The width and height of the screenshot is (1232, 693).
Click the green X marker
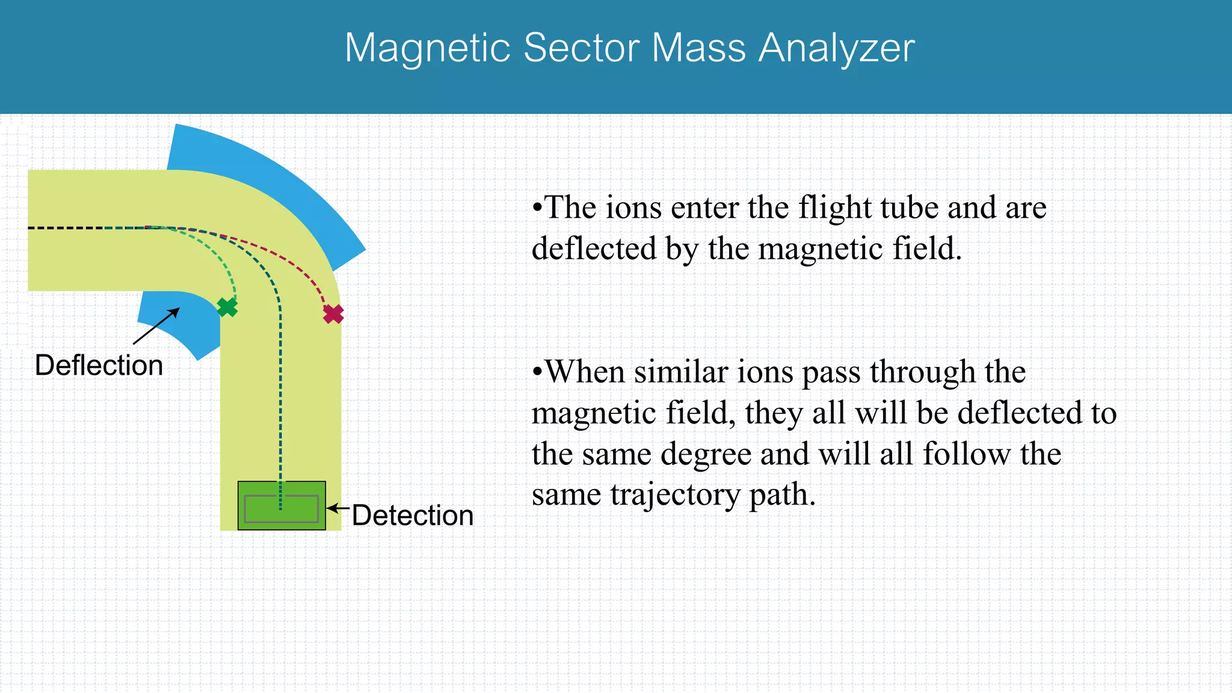coord(227,307)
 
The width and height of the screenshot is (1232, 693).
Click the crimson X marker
coord(333,314)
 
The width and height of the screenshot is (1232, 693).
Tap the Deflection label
coord(99,365)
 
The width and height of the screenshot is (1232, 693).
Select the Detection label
coord(413,516)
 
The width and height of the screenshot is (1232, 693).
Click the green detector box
coord(282,506)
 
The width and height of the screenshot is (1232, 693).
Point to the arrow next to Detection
coord(337,508)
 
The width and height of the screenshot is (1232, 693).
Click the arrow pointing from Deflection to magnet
coord(156,327)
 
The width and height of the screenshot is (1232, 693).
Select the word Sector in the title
coord(581,48)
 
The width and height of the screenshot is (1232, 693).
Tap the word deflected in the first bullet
coord(594,249)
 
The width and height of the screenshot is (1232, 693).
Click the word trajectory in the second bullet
coord(675,495)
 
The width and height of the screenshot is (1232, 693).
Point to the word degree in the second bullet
coord(706,454)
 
